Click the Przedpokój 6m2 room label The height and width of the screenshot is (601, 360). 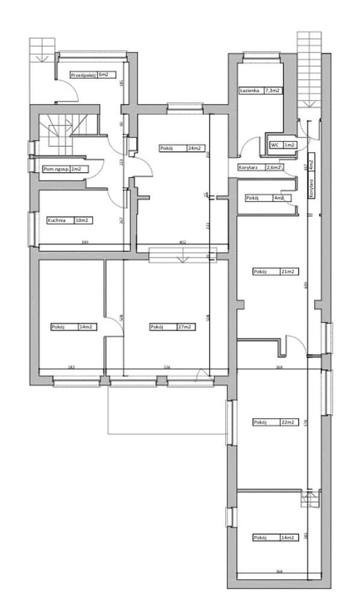pos(90,75)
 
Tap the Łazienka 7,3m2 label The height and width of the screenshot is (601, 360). pos(261,90)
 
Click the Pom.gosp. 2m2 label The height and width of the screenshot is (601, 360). pos(61,170)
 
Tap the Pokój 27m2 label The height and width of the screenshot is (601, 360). pos(171,327)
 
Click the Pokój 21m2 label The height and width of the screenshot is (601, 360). pos(275,272)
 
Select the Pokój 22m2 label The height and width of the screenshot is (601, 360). pos(275,422)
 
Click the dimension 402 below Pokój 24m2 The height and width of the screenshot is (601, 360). pos(183,242)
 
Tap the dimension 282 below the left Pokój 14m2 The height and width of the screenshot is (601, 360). pos(70,366)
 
